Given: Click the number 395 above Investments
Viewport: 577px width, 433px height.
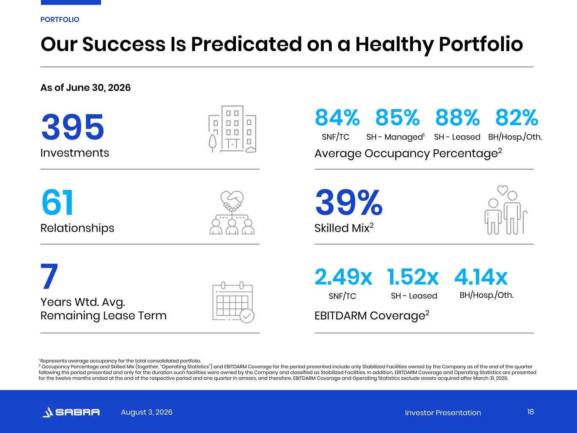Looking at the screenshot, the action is (x=73, y=127).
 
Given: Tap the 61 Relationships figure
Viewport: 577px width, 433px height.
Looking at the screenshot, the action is (x=57, y=203).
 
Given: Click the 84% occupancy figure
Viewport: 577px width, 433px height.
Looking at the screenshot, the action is (x=337, y=118).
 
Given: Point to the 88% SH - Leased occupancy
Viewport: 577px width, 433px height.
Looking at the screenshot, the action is (x=457, y=118).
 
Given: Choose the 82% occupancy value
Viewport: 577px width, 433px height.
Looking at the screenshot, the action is (x=517, y=118).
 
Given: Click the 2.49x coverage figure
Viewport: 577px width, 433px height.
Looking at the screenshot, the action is (x=343, y=277).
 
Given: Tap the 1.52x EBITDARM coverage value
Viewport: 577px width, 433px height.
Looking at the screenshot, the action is (x=413, y=277).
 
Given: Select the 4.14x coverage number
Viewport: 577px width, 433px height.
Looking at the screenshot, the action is (x=481, y=277).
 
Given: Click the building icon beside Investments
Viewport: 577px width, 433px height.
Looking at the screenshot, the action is (x=232, y=129).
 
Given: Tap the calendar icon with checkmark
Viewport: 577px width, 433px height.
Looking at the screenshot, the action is (x=233, y=302).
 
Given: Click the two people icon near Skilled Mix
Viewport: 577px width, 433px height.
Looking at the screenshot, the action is (x=506, y=210).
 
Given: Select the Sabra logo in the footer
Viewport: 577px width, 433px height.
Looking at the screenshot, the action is (x=71, y=412).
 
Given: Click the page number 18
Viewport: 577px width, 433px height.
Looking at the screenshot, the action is (x=531, y=412).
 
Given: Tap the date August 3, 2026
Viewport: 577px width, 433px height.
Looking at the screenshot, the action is (x=147, y=412).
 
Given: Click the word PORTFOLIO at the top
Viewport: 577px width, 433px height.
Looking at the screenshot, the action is (x=60, y=19).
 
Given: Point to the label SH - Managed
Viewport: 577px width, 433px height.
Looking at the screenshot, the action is (x=395, y=137).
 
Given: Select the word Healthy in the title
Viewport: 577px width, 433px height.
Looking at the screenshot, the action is (x=394, y=44).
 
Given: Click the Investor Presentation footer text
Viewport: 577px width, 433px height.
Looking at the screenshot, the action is (x=443, y=413).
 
